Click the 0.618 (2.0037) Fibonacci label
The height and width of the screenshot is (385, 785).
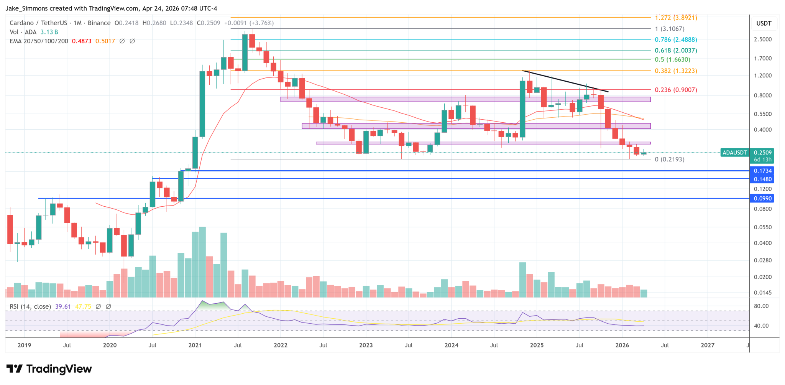point(675,51)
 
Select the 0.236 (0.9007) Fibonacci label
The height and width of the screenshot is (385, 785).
point(675,90)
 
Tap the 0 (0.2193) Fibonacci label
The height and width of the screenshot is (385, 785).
point(669,160)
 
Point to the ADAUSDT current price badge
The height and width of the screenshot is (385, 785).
point(734,153)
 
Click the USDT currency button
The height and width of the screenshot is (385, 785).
point(764,23)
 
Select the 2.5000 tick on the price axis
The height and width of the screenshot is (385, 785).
point(762,39)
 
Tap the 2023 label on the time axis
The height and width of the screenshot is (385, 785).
point(366,345)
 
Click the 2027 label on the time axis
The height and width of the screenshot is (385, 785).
point(707,345)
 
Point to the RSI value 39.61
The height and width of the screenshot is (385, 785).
point(63,306)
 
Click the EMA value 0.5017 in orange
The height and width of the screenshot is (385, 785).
point(105,41)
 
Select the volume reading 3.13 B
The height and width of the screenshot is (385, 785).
point(49,32)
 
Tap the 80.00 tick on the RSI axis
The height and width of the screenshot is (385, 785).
point(761,306)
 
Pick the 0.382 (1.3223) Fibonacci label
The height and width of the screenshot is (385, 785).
point(675,71)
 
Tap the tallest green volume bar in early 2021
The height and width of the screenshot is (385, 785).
point(202,262)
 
